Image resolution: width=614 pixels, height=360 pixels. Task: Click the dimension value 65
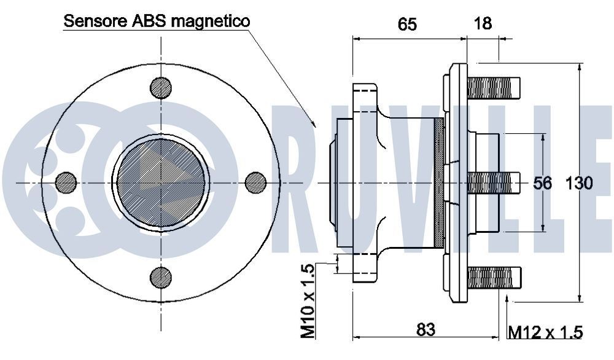(407, 24)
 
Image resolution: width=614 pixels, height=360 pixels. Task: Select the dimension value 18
(483, 24)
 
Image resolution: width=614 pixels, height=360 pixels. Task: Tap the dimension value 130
(579, 183)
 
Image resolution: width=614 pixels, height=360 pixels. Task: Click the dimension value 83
(426, 329)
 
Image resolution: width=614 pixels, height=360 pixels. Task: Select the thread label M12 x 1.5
(545, 332)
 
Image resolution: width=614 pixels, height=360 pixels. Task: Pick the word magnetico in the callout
(211, 21)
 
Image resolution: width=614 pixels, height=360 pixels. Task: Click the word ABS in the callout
(149, 21)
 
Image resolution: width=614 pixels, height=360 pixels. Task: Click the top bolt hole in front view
(160, 88)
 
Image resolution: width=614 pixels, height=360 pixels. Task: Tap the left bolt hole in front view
(66, 182)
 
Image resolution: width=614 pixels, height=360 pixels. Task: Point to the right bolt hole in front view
(255, 182)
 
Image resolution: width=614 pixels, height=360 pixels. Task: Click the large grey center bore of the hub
(161, 182)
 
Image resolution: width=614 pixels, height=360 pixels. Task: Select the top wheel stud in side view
(494, 87)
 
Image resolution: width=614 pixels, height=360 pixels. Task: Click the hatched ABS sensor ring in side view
(438, 182)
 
